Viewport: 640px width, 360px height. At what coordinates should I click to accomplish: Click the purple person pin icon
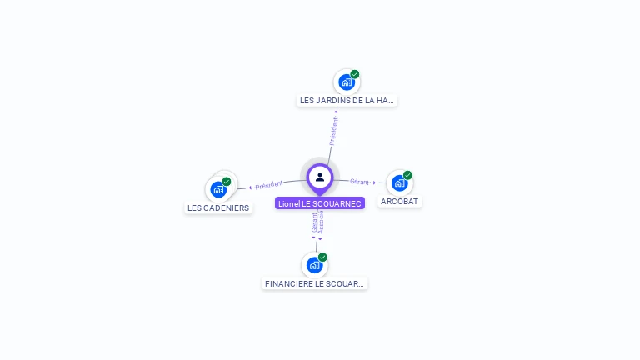(x=320, y=177)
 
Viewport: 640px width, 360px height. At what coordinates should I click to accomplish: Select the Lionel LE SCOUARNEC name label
(x=320, y=203)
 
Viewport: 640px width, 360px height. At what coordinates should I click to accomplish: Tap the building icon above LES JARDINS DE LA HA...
(x=346, y=82)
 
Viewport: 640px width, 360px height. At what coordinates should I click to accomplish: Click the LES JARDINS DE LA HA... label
(x=347, y=101)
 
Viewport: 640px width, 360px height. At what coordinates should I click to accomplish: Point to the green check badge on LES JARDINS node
(x=355, y=74)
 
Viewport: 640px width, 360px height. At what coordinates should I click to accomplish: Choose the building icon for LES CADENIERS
(x=218, y=189)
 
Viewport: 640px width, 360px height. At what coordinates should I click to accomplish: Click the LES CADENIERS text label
(x=218, y=208)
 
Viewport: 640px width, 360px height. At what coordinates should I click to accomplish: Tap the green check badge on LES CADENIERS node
(x=227, y=182)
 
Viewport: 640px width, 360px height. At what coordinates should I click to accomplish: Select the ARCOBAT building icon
(x=399, y=182)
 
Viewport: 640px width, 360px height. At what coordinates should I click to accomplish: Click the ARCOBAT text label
(x=400, y=202)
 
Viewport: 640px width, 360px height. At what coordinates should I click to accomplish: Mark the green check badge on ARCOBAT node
(x=407, y=175)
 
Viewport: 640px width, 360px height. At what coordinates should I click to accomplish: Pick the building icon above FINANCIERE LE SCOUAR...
(x=314, y=265)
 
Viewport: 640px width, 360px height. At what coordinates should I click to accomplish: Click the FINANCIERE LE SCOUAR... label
(x=314, y=284)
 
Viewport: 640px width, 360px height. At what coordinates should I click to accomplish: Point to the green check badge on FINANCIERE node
(x=322, y=257)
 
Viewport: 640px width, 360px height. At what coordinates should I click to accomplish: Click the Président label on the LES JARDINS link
(x=334, y=131)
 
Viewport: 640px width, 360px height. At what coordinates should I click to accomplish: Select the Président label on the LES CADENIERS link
(x=269, y=185)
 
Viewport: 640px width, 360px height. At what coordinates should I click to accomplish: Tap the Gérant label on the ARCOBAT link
(x=359, y=181)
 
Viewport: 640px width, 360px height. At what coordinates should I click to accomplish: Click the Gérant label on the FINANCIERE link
(x=314, y=222)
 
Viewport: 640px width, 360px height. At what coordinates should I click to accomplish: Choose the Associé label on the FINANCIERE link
(x=321, y=222)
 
